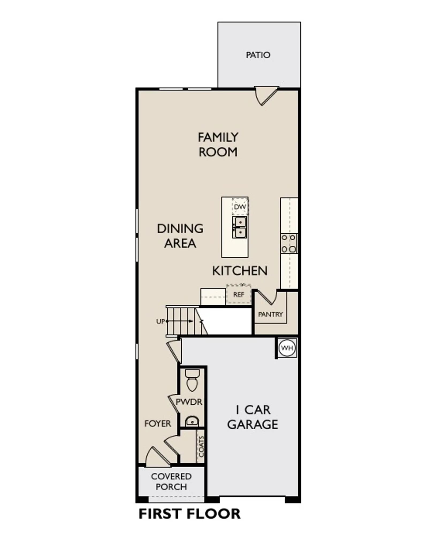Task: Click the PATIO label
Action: click(258, 55)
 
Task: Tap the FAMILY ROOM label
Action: click(218, 145)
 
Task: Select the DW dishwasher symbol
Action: click(240, 207)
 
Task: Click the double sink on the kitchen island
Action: click(239, 227)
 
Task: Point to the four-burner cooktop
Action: click(289, 243)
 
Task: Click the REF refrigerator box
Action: click(239, 294)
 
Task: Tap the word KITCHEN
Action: click(240, 271)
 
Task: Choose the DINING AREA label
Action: click(180, 236)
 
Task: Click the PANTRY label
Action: click(270, 314)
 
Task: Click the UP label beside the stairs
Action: click(160, 321)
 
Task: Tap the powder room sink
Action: click(192, 421)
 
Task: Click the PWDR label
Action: click(189, 402)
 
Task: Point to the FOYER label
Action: click(158, 424)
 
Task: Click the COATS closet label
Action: click(201, 447)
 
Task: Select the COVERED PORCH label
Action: click(171, 481)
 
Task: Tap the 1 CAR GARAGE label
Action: click(253, 417)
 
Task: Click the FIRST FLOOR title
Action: click(190, 514)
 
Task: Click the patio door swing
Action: click(266, 96)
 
